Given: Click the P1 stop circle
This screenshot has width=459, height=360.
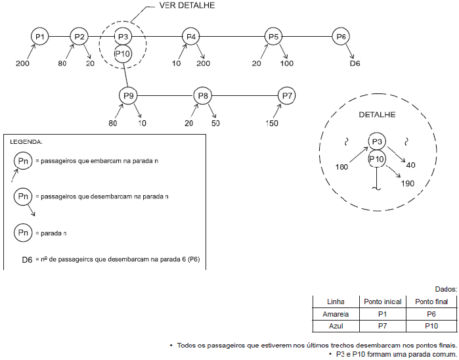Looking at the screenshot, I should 40,37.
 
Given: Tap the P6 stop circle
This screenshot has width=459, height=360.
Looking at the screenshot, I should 341,37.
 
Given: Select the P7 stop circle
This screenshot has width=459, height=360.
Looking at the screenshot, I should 287,96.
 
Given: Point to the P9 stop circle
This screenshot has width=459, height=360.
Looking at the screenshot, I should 128,96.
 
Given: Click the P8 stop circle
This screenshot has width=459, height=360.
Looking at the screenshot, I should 203,96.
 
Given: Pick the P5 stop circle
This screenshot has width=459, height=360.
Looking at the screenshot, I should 274,37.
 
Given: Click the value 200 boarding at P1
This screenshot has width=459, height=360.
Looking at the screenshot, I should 22,64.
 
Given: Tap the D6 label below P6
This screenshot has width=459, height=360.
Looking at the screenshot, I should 355,64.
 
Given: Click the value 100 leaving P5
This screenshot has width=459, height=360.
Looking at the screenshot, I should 287,64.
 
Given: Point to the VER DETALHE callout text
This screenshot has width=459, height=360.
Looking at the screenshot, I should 187,5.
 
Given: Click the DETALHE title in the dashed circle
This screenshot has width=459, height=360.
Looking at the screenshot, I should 377,114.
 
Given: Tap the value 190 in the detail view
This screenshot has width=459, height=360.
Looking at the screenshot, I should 407,183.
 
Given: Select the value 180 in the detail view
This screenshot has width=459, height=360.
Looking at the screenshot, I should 341,168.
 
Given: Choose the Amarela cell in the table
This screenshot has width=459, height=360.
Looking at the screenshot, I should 336,314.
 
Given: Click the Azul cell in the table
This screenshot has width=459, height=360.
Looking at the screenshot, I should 336,326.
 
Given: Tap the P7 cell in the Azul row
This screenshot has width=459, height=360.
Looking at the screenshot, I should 383,326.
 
